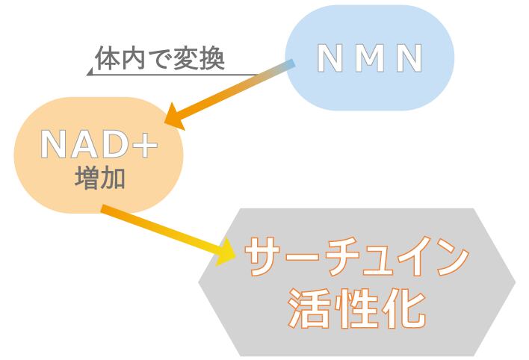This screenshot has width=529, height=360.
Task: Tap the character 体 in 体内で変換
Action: [105, 58]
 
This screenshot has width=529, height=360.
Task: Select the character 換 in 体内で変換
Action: [212, 58]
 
